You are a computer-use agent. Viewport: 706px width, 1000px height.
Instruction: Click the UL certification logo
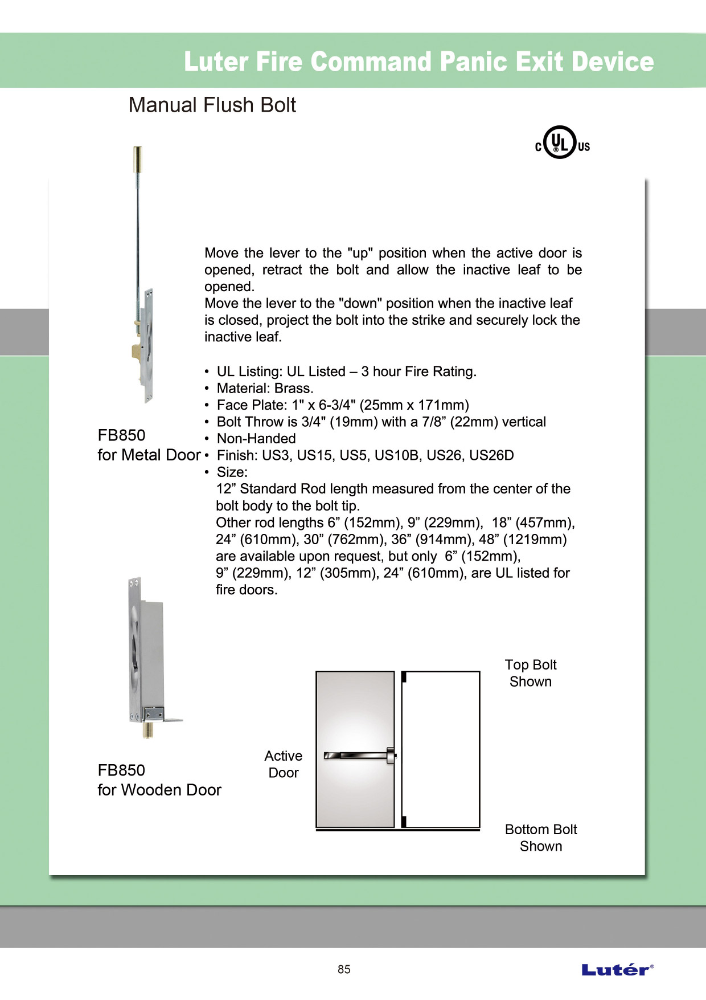click(561, 142)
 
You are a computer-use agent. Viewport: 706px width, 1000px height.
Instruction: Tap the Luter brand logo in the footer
click(617, 970)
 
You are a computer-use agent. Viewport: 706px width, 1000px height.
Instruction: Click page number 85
click(344, 969)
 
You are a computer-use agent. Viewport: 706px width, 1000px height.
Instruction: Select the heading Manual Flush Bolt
click(212, 105)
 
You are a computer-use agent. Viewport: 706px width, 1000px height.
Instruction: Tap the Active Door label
click(283, 764)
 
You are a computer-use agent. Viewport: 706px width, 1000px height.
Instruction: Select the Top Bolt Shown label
click(530, 673)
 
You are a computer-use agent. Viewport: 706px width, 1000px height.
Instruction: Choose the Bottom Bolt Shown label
click(540, 838)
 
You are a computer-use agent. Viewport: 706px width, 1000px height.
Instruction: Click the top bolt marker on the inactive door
click(404, 677)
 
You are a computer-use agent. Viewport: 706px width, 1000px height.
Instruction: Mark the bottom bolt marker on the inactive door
click(404, 821)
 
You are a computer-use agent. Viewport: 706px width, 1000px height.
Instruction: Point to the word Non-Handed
click(256, 439)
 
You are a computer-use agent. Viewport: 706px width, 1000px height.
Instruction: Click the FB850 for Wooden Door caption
click(159, 780)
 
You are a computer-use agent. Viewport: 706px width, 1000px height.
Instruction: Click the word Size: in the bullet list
click(232, 472)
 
